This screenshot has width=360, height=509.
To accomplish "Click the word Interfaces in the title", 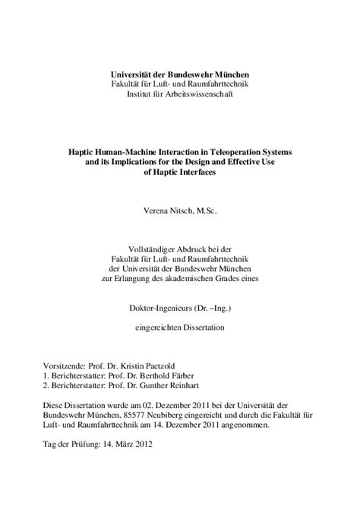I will coord(200,173).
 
